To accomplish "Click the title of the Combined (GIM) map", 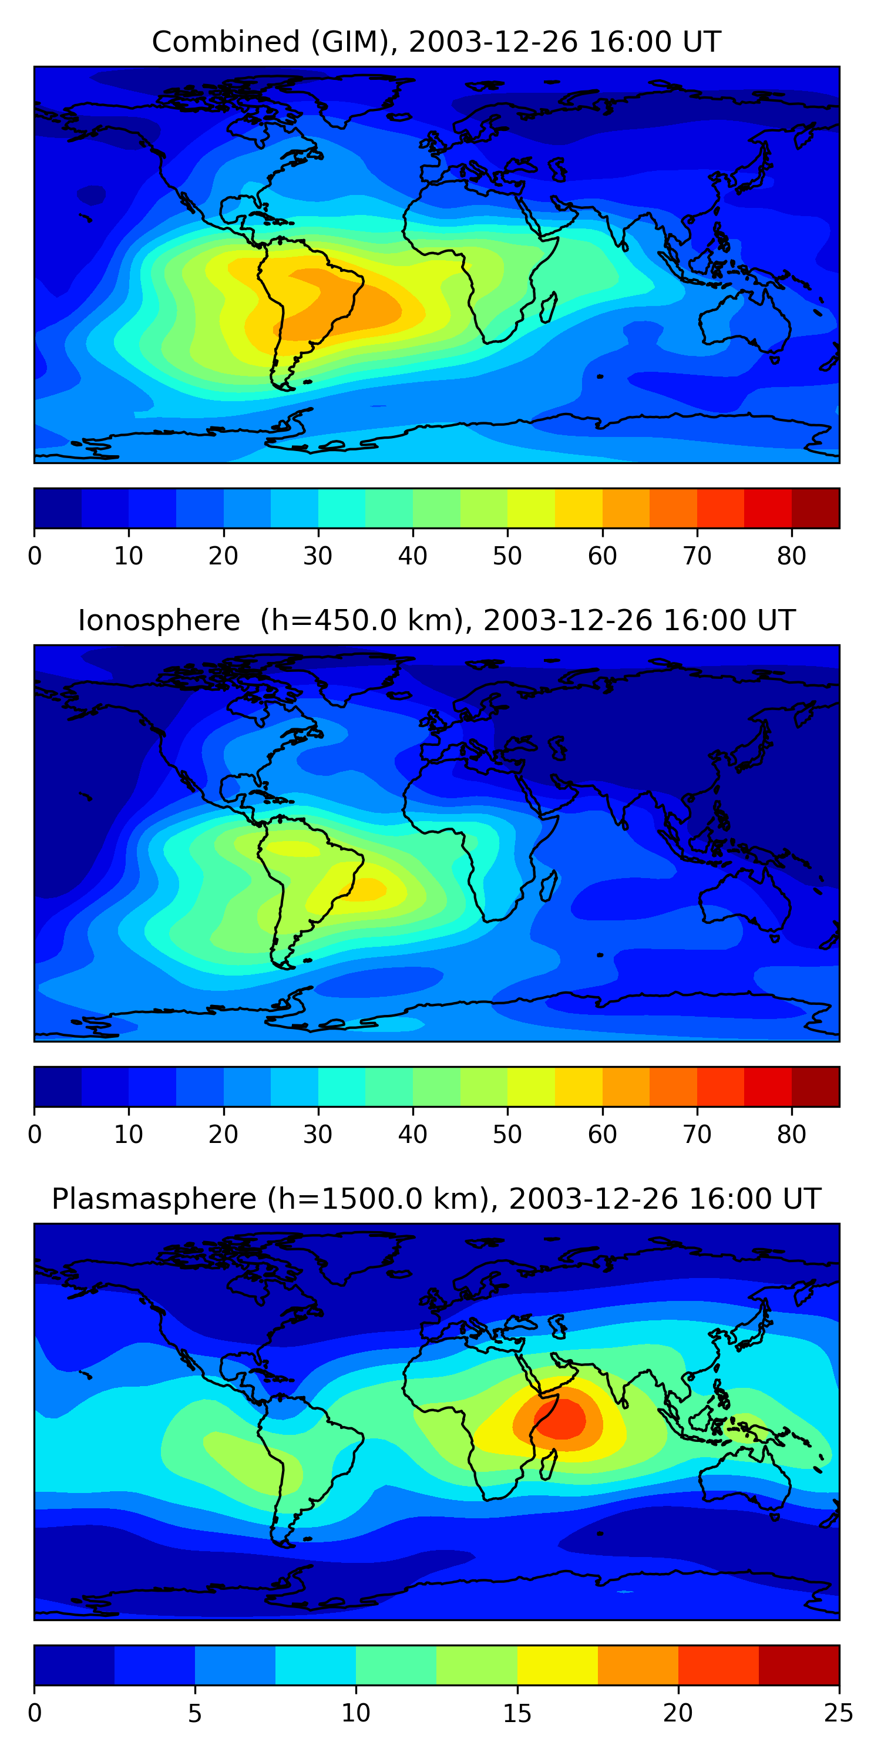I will click(436, 42).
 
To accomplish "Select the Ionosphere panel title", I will click(436, 620).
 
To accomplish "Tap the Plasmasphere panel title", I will click(436, 1199).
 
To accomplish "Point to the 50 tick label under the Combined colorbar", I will click(507, 556).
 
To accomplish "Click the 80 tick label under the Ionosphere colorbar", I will click(791, 1135).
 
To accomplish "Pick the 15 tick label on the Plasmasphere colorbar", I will click(517, 1713).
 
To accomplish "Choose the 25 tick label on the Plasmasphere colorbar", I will click(838, 1713).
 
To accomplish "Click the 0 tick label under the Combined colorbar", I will click(35, 556).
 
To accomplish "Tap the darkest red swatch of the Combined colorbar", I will click(815, 508).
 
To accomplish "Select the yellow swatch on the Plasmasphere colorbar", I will click(557, 1665).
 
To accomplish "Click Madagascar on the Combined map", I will click(548, 307).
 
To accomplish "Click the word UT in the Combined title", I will click(702, 42).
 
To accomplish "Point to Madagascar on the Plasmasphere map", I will click(548, 1464).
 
